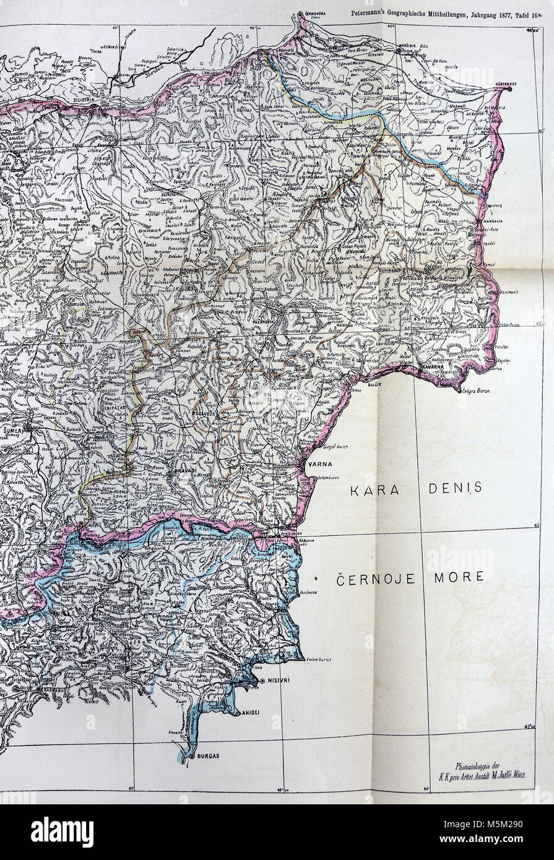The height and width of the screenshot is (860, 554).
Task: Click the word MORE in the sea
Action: pyautogui.click(x=460, y=580)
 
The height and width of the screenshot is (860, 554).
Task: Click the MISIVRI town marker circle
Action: pyautogui.click(x=262, y=680)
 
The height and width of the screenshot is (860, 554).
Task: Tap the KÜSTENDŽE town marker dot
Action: pyautogui.click(x=509, y=90)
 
